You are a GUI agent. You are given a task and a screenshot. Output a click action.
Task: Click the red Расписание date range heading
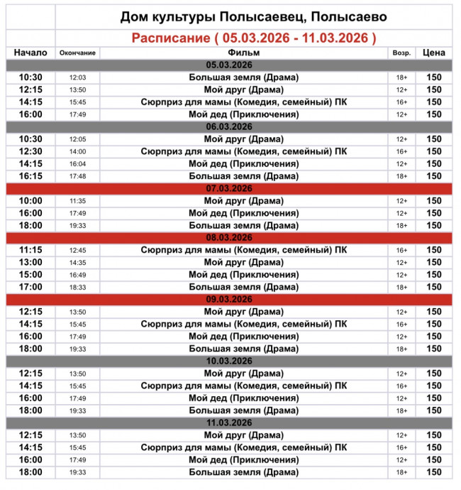pyautogui.click(x=254, y=38)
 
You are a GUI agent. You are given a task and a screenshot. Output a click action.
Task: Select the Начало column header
pyautogui.click(x=30, y=53)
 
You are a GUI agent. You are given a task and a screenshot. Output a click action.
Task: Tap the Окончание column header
pyautogui.click(x=77, y=53)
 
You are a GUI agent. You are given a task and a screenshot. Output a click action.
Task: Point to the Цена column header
pyautogui.click(x=433, y=53)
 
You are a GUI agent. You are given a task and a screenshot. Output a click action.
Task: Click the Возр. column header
pyautogui.click(x=401, y=53)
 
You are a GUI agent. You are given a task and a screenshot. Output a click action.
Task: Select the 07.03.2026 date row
pyautogui.click(x=230, y=188)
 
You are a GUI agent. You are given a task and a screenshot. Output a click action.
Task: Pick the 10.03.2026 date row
pyautogui.click(x=230, y=361)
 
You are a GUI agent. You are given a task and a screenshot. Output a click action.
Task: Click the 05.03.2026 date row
pyautogui.click(x=230, y=65)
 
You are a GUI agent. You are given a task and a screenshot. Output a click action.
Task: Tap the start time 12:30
pyautogui.click(x=30, y=151)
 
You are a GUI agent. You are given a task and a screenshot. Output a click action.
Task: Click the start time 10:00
pyautogui.click(x=30, y=201)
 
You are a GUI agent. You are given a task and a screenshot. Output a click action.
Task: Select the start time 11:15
pyautogui.click(x=30, y=250)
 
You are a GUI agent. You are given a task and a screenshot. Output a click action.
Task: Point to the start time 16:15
pyautogui.click(x=30, y=176)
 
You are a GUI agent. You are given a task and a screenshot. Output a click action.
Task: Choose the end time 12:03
pyautogui.click(x=77, y=77)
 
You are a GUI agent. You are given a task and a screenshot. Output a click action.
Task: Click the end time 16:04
pyautogui.click(x=77, y=164)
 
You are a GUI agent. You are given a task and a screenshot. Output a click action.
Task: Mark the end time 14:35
pyautogui.click(x=77, y=263)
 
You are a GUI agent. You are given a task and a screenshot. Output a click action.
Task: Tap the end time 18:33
pyautogui.click(x=77, y=288)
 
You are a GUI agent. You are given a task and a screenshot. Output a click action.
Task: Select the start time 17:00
pyautogui.click(x=30, y=287)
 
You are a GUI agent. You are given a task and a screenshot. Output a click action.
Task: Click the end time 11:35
pyautogui.click(x=77, y=201)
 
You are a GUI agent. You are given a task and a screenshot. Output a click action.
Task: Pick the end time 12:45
pyautogui.click(x=77, y=251)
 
